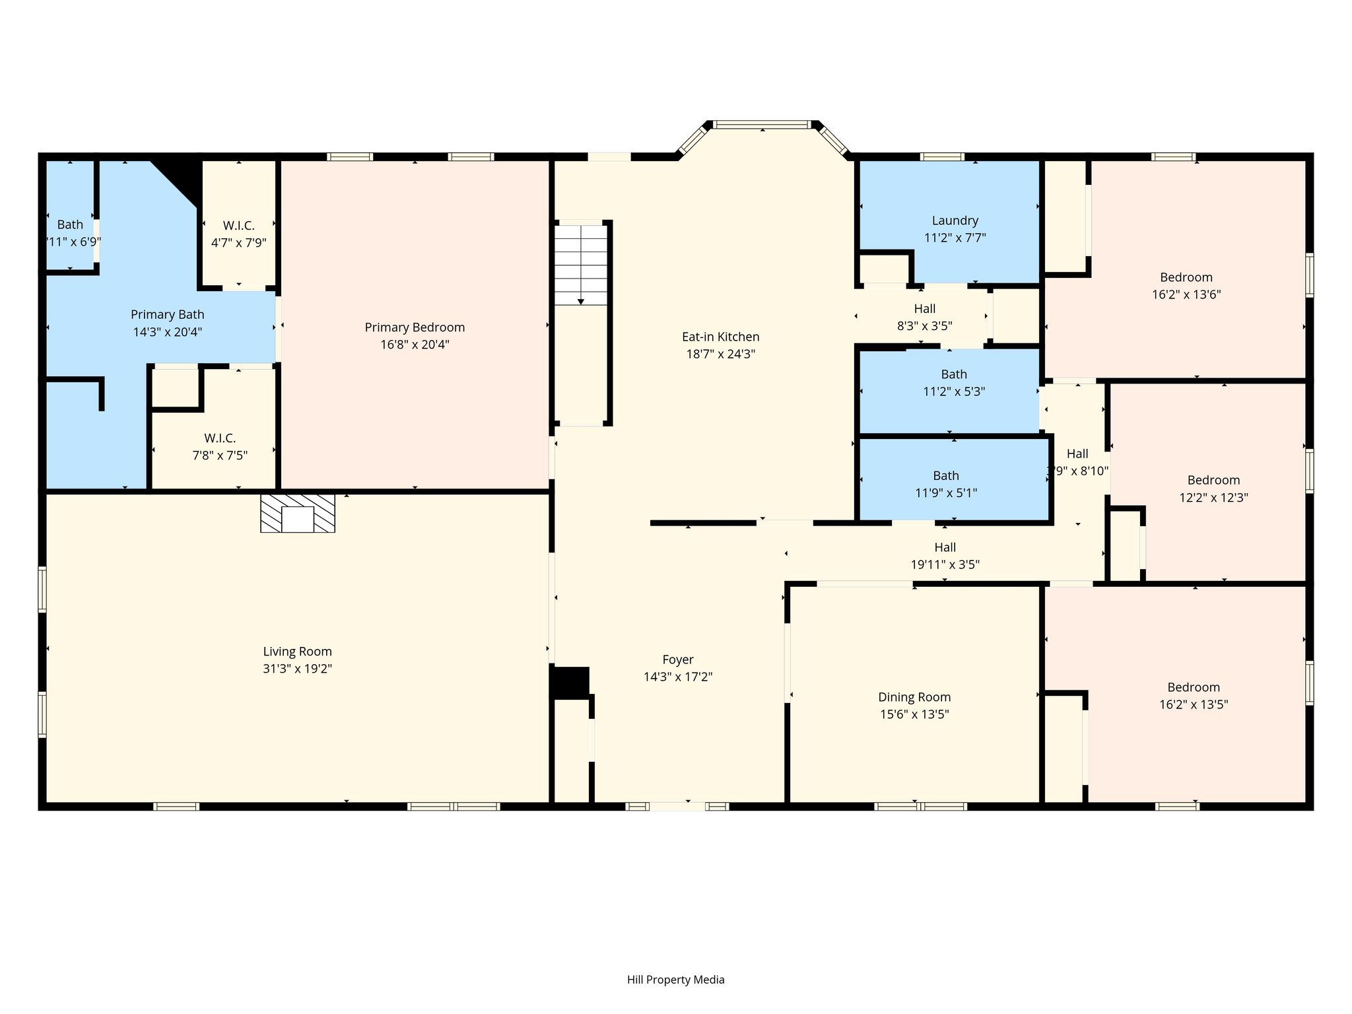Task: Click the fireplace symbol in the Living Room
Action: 298,513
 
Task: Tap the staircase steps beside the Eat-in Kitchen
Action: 580,265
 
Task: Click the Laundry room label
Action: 955,220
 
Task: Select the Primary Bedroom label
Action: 415,327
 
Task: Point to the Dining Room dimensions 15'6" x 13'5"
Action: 914,714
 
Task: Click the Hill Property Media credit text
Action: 676,980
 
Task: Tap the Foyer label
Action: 678,659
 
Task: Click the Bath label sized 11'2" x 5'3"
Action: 954,374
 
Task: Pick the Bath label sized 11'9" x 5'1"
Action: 946,475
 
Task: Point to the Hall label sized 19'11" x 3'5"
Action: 945,547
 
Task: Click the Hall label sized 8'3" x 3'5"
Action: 925,308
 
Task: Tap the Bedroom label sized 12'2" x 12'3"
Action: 1213,481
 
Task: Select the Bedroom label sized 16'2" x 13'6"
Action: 1186,277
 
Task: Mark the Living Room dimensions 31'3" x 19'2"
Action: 297,669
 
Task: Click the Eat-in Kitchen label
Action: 720,337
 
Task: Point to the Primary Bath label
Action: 168,315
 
